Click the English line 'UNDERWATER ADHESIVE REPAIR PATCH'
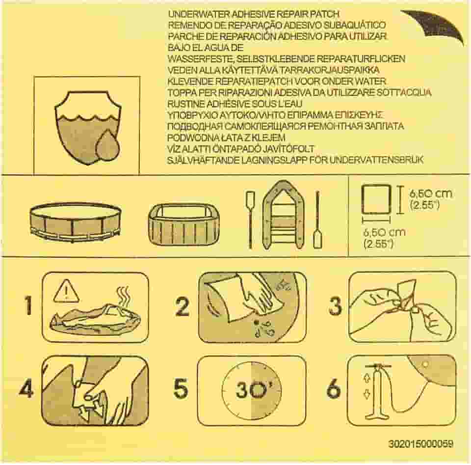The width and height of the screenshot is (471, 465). (x=254, y=14)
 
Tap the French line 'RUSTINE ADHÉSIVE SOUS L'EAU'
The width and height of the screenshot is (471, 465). (x=235, y=104)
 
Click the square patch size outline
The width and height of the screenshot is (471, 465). (x=376, y=199)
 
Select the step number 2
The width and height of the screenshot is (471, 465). (x=182, y=307)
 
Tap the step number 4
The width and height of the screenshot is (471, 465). (x=26, y=389)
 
